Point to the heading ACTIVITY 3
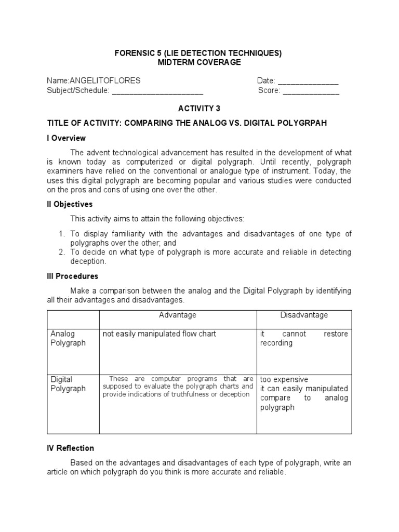pos(199,108)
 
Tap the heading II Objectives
pos(70,204)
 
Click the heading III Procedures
pos(72,276)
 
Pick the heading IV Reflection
pos(70,448)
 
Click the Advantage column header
pos(178,315)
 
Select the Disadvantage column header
pos(304,315)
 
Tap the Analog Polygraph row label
pos(68,338)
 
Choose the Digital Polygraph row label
pos(68,384)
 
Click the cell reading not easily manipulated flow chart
pos(159,334)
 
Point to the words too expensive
pos(284,379)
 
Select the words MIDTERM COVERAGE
pos(199,62)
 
